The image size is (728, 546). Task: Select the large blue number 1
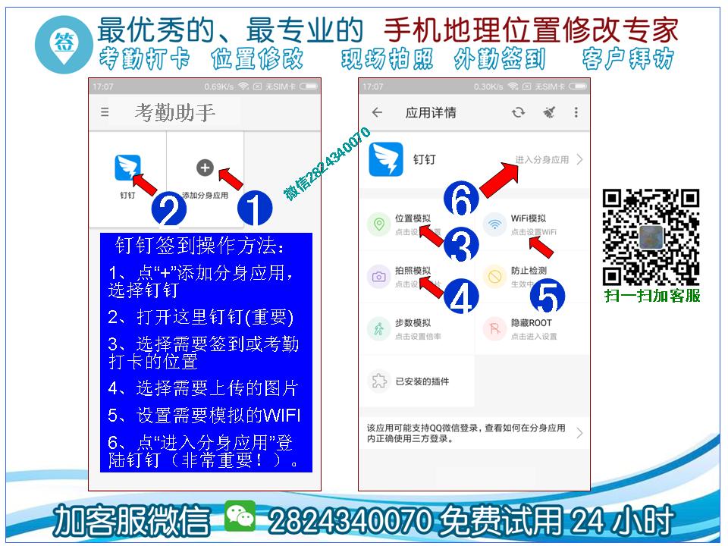255,209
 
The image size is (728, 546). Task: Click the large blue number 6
462,201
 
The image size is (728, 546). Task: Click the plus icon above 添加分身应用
205,168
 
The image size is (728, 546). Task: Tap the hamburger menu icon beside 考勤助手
105,112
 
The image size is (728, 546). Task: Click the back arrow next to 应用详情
377,112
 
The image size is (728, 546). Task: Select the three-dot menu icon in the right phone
576,112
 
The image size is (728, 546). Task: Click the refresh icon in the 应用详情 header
518,112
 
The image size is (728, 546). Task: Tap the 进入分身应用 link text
541,160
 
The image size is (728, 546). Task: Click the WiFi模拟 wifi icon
494,224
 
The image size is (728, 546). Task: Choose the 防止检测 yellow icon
494,276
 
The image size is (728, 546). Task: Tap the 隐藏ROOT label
531,323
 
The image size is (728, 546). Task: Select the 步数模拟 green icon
378,328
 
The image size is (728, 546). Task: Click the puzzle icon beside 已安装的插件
378,381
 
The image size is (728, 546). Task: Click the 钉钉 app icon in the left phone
127,168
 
